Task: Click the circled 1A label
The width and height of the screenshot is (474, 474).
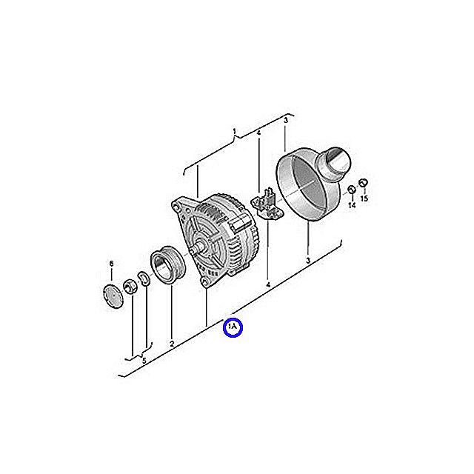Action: (x=233, y=327)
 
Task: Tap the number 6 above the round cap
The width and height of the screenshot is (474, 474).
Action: (x=111, y=264)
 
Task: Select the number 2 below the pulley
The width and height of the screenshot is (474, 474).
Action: (x=172, y=344)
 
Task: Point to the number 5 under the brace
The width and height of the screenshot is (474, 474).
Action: (x=144, y=361)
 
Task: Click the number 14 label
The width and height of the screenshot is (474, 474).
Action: (x=352, y=205)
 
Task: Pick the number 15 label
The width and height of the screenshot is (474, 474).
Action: (x=364, y=198)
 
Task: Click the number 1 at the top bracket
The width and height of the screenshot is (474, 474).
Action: (x=234, y=132)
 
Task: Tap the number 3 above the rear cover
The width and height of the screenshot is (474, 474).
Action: (x=286, y=120)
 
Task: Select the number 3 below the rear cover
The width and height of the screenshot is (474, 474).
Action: (x=308, y=260)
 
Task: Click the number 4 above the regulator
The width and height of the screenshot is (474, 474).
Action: (x=258, y=133)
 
